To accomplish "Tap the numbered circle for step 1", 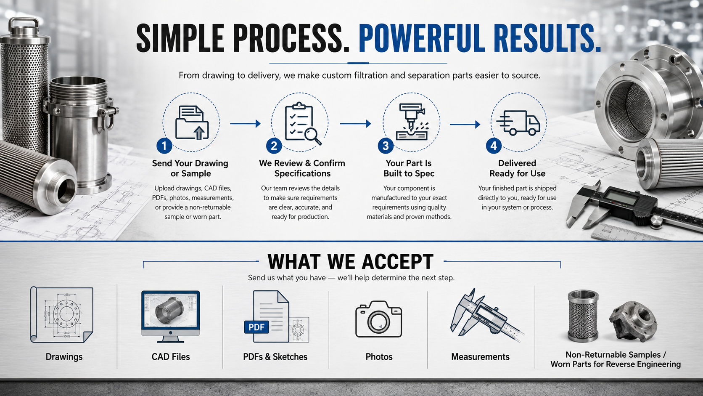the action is point(164,146).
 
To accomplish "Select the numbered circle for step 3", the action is point(386,146).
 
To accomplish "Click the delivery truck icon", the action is point(518,123).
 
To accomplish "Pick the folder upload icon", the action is point(191,122).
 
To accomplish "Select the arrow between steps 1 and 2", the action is point(245,123).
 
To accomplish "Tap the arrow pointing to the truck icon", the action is point(465,125).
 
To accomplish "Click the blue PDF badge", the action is point(256,327).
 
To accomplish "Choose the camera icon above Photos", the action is point(378,319).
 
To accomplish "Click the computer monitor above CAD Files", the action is point(170,316).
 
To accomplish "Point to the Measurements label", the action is point(480,357).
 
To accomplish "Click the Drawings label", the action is point(64,357).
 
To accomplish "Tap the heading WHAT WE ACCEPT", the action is point(350,262).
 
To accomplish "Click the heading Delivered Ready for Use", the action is point(517,168).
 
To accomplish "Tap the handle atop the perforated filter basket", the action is point(24,25).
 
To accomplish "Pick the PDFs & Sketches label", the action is point(275,357).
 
